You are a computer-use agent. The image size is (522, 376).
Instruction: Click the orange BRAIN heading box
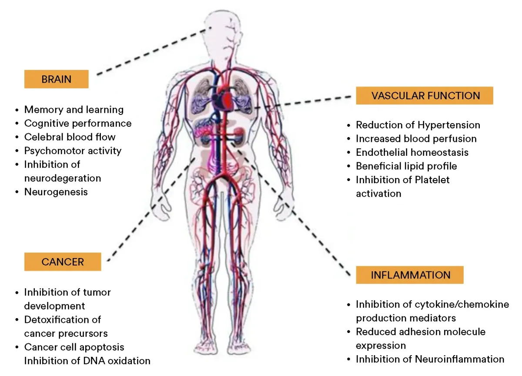point(57,80)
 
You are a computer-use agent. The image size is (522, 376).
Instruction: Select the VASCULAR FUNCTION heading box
point(425,96)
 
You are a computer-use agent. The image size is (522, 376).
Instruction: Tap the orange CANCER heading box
point(63,262)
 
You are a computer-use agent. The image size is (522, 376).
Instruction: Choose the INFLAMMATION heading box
point(410,275)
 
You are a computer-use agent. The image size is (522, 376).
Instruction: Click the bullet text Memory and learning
point(74,110)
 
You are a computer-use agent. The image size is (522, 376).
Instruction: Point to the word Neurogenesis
point(56,191)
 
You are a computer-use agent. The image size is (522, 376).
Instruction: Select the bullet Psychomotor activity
point(73,151)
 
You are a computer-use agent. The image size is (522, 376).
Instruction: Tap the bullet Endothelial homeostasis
point(412,153)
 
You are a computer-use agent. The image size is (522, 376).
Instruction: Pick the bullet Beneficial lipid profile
point(406,166)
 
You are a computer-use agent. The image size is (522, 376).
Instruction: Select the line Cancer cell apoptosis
point(74,347)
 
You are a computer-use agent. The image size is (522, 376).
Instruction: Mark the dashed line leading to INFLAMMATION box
point(296,213)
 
